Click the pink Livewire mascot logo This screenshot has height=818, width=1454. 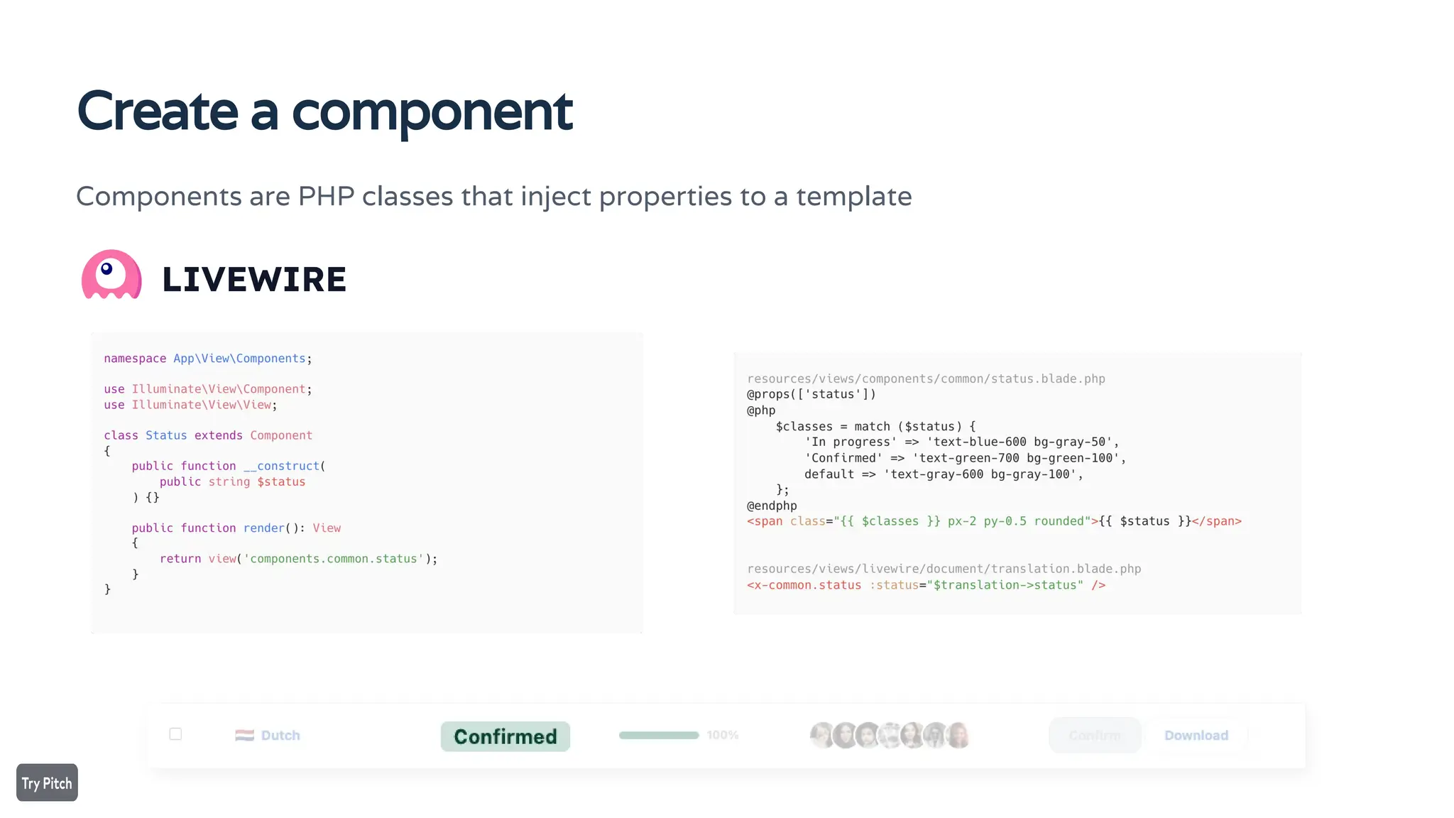click(x=111, y=275)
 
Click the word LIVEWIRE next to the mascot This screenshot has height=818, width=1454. click(x=253, y=280)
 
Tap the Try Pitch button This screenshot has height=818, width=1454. click(x=47, y=782)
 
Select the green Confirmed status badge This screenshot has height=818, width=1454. click(x=505, y=736)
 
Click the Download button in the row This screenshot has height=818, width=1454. click(x=1196, y=736)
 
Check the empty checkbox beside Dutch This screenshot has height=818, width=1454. click(x=175, y=734)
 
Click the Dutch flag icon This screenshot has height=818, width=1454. click(x=244, y=736)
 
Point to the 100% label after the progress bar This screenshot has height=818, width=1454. click(x=722, y=736)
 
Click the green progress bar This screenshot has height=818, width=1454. click(x=658, y=736)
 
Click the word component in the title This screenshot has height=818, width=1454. click(x=432, y=112)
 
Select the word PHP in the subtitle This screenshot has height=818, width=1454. click(x=326, y=197)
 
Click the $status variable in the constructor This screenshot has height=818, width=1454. click(x=281, y=481)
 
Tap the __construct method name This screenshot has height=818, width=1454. click(x=281, y=466)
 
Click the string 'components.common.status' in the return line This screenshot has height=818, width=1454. click(x=334, y=559)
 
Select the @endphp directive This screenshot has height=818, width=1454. click(x=772, y=506)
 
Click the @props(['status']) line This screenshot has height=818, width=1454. click(x=811, y=394)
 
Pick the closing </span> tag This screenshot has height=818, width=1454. click(x=1216, y=521)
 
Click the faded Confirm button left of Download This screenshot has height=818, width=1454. click(x=1094, y=736)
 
